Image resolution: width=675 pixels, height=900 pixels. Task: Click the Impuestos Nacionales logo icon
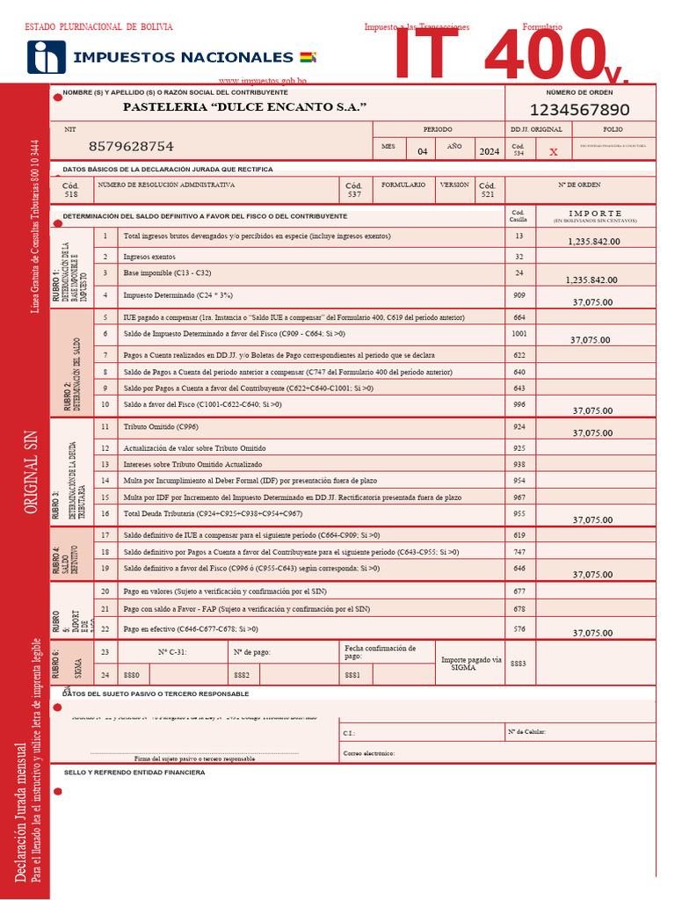[x=46, y=56]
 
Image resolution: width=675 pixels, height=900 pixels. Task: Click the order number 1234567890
[x=579, y=110]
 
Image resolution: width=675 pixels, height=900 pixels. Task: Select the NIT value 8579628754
[x=131, y=146]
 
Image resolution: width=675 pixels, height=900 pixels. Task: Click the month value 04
[x=422, y=151]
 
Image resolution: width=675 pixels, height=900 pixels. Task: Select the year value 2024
[x=489, y=151]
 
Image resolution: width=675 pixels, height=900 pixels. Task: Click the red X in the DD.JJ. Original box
[x=553, y=151]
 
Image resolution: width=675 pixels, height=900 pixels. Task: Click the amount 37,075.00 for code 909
[x=592, y=301]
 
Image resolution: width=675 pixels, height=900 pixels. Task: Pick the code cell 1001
[x=519, y=334]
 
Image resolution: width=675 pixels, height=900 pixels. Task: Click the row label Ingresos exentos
[x=149, y=257]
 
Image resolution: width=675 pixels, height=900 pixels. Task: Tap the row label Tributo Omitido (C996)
[x=161, y=426]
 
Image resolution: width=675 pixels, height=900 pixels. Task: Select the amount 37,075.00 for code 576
[x=592, y=633]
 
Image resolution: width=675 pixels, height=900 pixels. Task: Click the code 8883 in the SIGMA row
[x=519, y=664]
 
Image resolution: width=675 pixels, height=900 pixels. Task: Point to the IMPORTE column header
[x=595, y=214]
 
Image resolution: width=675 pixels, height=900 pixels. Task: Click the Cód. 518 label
[x=71, y=190]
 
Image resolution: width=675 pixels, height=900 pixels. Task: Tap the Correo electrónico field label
[x=369, y=753]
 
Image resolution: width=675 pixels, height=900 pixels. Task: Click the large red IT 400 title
[x=492, y=57]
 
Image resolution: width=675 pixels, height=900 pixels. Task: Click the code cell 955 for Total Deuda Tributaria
[x=519, y=513]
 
